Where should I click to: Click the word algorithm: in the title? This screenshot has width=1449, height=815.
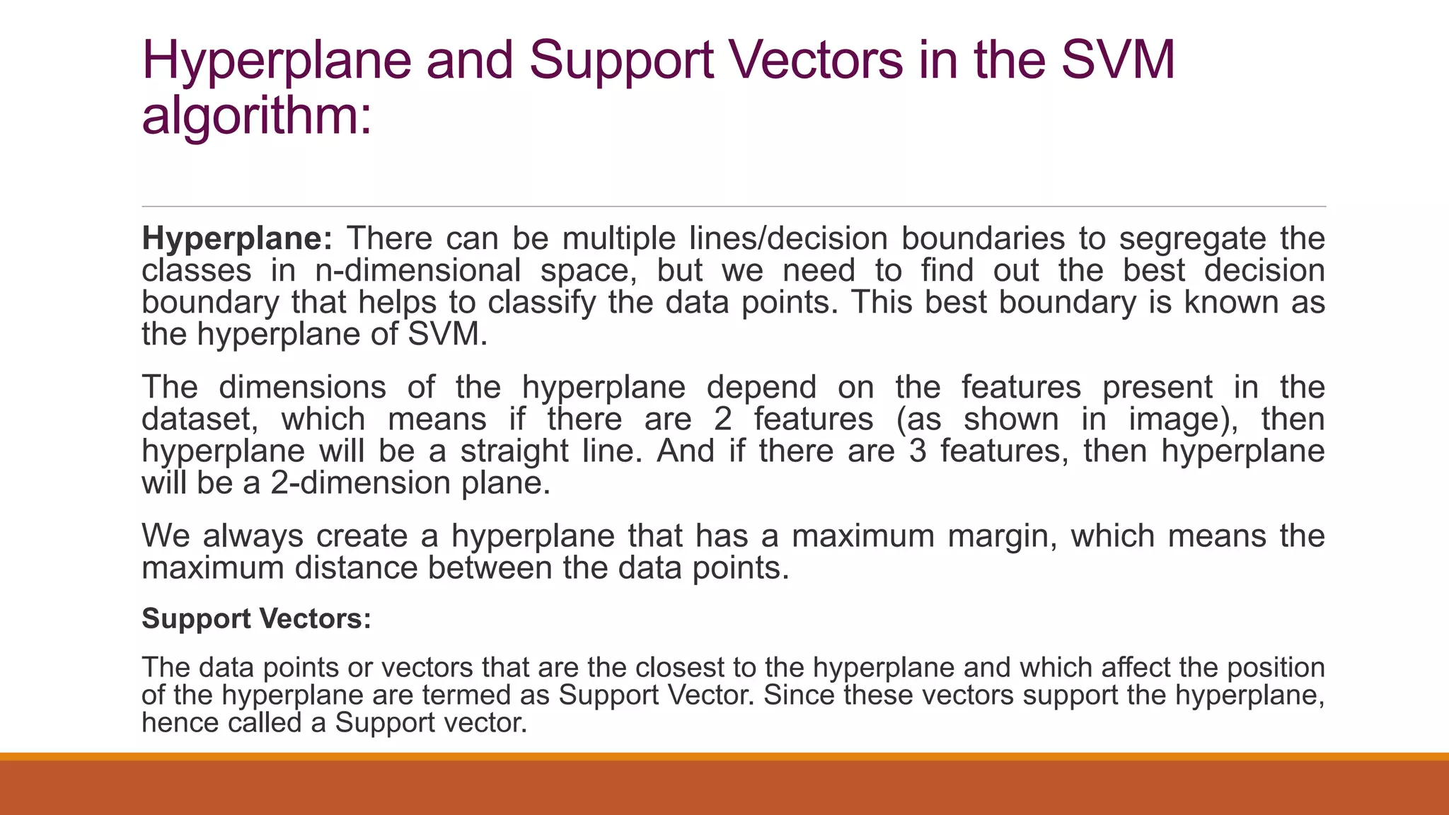(256, 116)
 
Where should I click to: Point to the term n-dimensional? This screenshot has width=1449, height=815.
(417, 270)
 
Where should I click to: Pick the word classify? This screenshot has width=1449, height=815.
(541, 303)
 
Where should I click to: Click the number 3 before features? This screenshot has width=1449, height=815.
(918, 451)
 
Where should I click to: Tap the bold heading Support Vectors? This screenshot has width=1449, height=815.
(256, 619)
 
